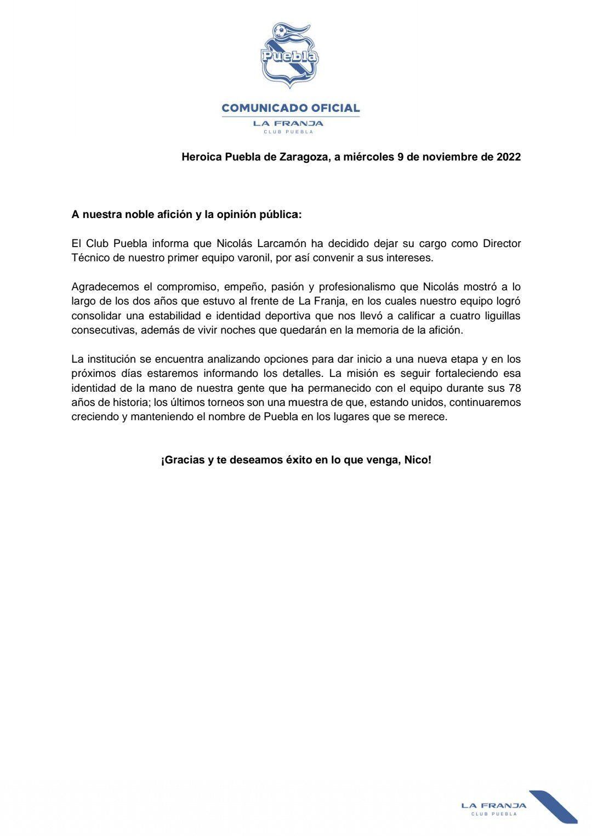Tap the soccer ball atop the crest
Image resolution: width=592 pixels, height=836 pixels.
[280, 30]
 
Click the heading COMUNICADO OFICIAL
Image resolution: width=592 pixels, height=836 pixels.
[291, 108]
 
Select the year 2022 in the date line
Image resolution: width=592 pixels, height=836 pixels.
[509, 157]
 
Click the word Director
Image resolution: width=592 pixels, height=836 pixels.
[502, 243]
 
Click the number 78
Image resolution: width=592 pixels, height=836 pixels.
[514, 388]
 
